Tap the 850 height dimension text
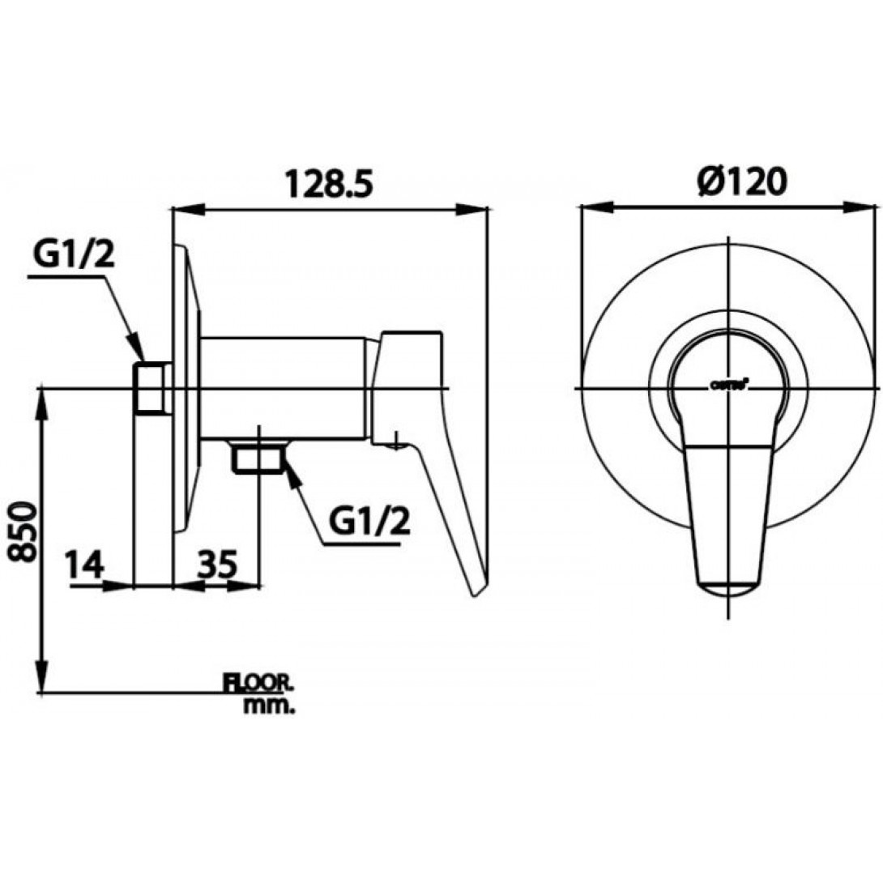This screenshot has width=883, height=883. click(23, 531)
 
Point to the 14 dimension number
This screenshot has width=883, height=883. click(85, 563)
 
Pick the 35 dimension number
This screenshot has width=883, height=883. click(216, 563)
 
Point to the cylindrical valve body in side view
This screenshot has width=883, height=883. click(284, 389)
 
